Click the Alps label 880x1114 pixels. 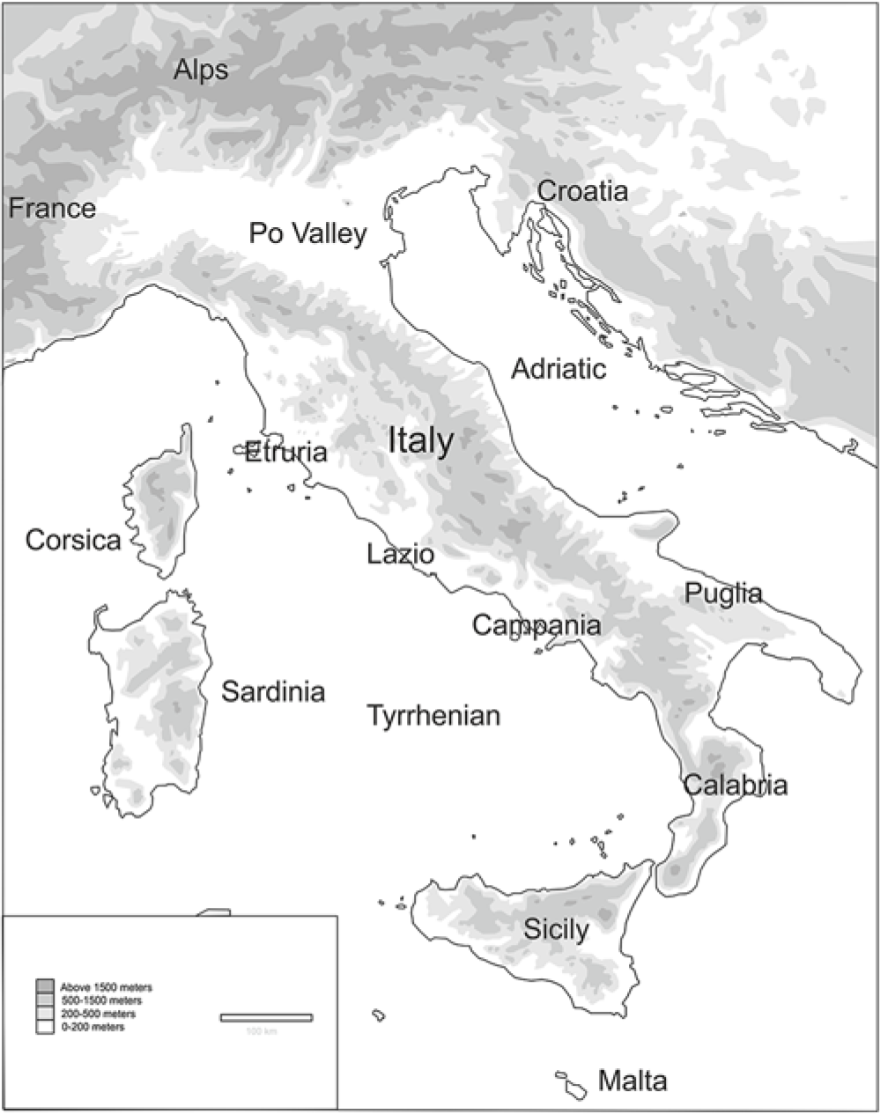(x=201, y=70)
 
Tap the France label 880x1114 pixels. (x=52, y=209)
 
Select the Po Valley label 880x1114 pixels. (x=307, y=233)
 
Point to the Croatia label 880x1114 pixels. (x=582, y=190)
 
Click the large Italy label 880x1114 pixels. (x=421, y=440)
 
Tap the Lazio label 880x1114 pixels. (x=400, y=555)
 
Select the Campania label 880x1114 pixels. (x=536, y=625)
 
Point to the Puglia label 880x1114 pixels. (x=723, y=594)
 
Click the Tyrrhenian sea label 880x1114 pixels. (x=433, y=715)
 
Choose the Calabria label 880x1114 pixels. (x=736, y=785)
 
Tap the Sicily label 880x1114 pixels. (x=556, y=928)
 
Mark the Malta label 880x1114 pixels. (x=632, y=1080)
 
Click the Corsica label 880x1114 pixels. (x=73, y=539)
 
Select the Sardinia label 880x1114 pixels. (x=273, y=691)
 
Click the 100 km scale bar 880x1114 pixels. (x=266, y=1018)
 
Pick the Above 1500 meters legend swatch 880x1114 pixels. (x=44, y=986)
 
